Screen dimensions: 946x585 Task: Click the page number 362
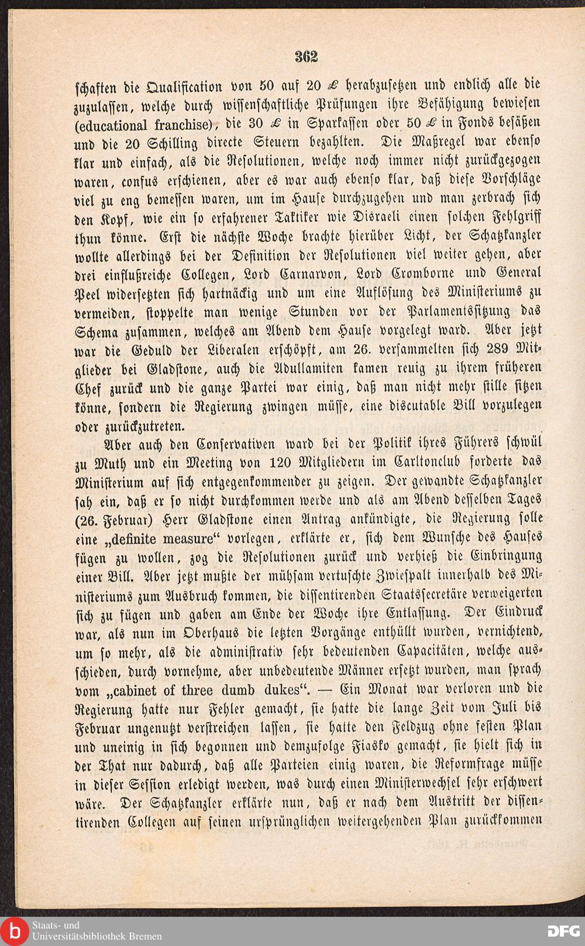(x=306, y=56)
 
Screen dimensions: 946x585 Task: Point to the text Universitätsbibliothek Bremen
(x=97, y=936)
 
